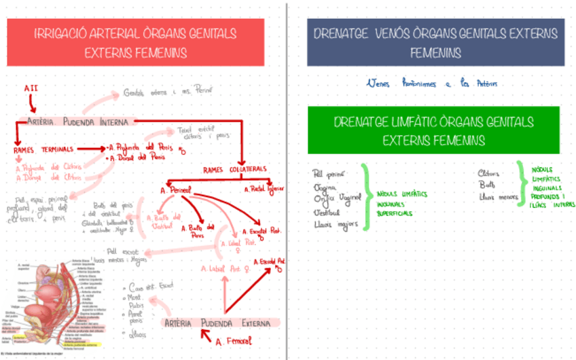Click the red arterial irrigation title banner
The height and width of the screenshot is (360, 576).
coord(135,42)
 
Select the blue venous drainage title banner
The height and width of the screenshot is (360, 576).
coord(435,42)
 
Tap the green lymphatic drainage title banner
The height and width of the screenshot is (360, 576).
coord(433,130)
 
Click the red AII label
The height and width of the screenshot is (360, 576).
coord(31,88)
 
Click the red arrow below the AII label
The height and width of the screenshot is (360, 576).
coord(33,103)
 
